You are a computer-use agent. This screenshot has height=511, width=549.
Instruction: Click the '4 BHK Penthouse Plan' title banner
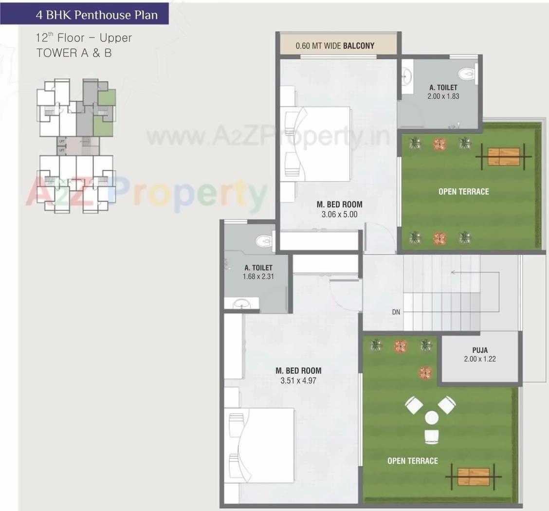(x=96, y=15)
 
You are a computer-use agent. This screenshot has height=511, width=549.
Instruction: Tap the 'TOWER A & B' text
(x=74, y=53)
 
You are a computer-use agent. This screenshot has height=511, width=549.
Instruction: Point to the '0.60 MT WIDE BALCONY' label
(x=335, y=46)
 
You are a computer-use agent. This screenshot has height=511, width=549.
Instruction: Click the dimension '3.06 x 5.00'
(x=339, y=214)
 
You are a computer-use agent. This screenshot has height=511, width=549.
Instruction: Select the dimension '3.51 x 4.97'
(x=298, y=381)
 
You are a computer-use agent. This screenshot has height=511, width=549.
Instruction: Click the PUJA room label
(x=479, y=350)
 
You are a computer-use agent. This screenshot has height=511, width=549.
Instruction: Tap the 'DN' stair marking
(x=396, y=312)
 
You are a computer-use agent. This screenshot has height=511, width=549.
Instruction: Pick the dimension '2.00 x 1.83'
(x=443, y=96)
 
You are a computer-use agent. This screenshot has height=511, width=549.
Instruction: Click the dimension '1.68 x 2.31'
(x=258, y=276)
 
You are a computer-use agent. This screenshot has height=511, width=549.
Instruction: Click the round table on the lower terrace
(x=432, y=418)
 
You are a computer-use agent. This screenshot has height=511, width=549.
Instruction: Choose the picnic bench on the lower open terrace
(x=474, y=476)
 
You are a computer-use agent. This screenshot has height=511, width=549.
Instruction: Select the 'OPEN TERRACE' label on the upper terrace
(x=463, y=192)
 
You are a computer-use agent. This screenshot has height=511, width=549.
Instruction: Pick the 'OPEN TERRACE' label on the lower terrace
(x=412, y=461)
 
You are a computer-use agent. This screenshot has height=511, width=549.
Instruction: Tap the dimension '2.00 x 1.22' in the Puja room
(x=479, y=359)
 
